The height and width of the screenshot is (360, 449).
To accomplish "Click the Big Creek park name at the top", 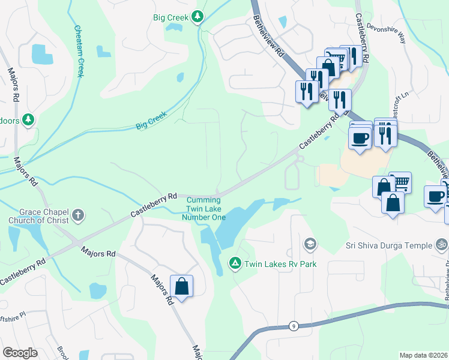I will click(x=170, y=17).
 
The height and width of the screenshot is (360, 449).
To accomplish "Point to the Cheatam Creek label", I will click(x=78, y=51).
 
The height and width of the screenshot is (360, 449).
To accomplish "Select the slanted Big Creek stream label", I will click(x=151, y=121).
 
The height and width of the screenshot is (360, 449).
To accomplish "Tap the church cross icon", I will click(x=78, y=215).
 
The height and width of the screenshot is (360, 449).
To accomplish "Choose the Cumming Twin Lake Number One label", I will click(x=206, y=208).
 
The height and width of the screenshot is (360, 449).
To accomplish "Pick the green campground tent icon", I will click(x=235, y=263).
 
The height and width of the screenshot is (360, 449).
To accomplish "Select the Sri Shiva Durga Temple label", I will click(x=388, y=245).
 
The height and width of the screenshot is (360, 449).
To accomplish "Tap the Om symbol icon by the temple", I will click(x=441, y=245).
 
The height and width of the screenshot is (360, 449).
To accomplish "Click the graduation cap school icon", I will click(x=310, y=244).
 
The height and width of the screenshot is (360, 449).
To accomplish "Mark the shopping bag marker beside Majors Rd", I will click(x=182, y=286).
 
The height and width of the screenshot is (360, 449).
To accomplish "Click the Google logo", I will click(x=20, y=353).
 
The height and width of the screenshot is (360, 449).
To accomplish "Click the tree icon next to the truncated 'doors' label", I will click(x=28, y=120).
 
